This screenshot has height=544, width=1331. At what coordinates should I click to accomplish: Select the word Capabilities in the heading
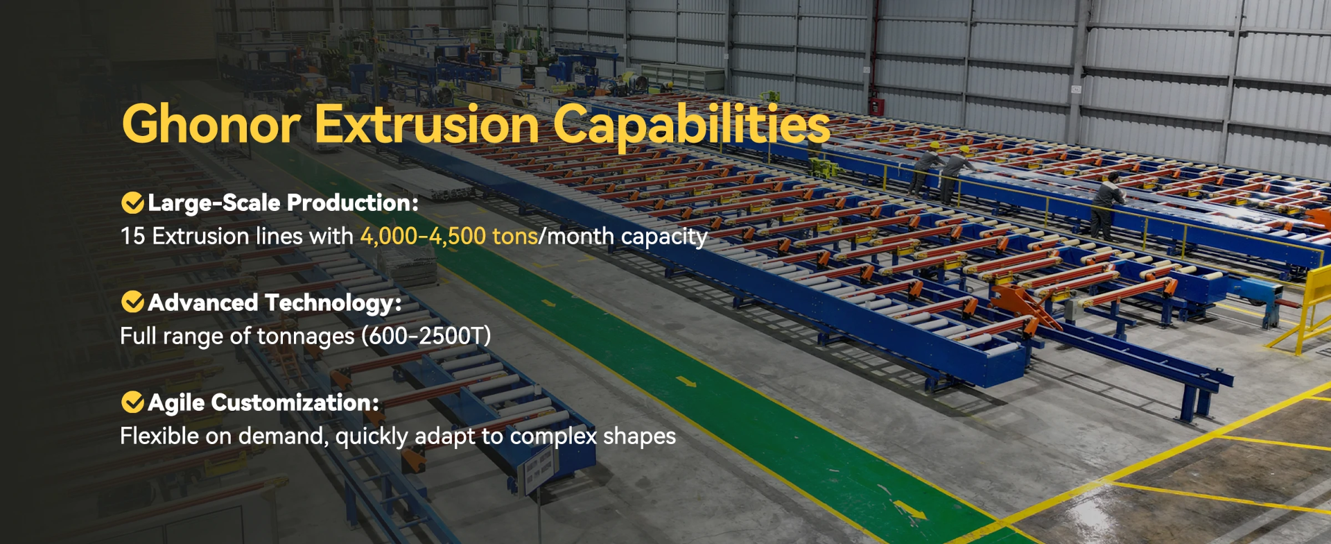coord(691,125)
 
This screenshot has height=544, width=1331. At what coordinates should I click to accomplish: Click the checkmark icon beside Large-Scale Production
coord(132,203)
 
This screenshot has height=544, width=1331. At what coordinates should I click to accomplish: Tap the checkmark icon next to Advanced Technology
coord(132,303)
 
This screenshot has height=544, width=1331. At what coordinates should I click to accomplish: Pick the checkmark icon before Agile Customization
coord(132,402)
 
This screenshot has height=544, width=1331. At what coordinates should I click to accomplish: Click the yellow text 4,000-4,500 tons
coord(449,237)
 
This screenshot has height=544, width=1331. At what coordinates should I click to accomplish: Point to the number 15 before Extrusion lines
coord(132,237)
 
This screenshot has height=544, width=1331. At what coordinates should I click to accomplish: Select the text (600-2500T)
coord(426,337)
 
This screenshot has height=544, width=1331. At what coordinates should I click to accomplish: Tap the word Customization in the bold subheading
coord(295,403)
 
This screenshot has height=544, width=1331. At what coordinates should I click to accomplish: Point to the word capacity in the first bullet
coord(663,237)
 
